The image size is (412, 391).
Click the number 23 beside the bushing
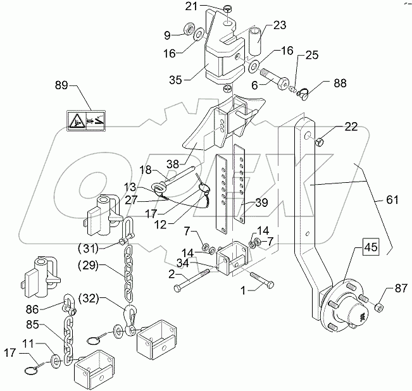(x=280, y=25)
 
